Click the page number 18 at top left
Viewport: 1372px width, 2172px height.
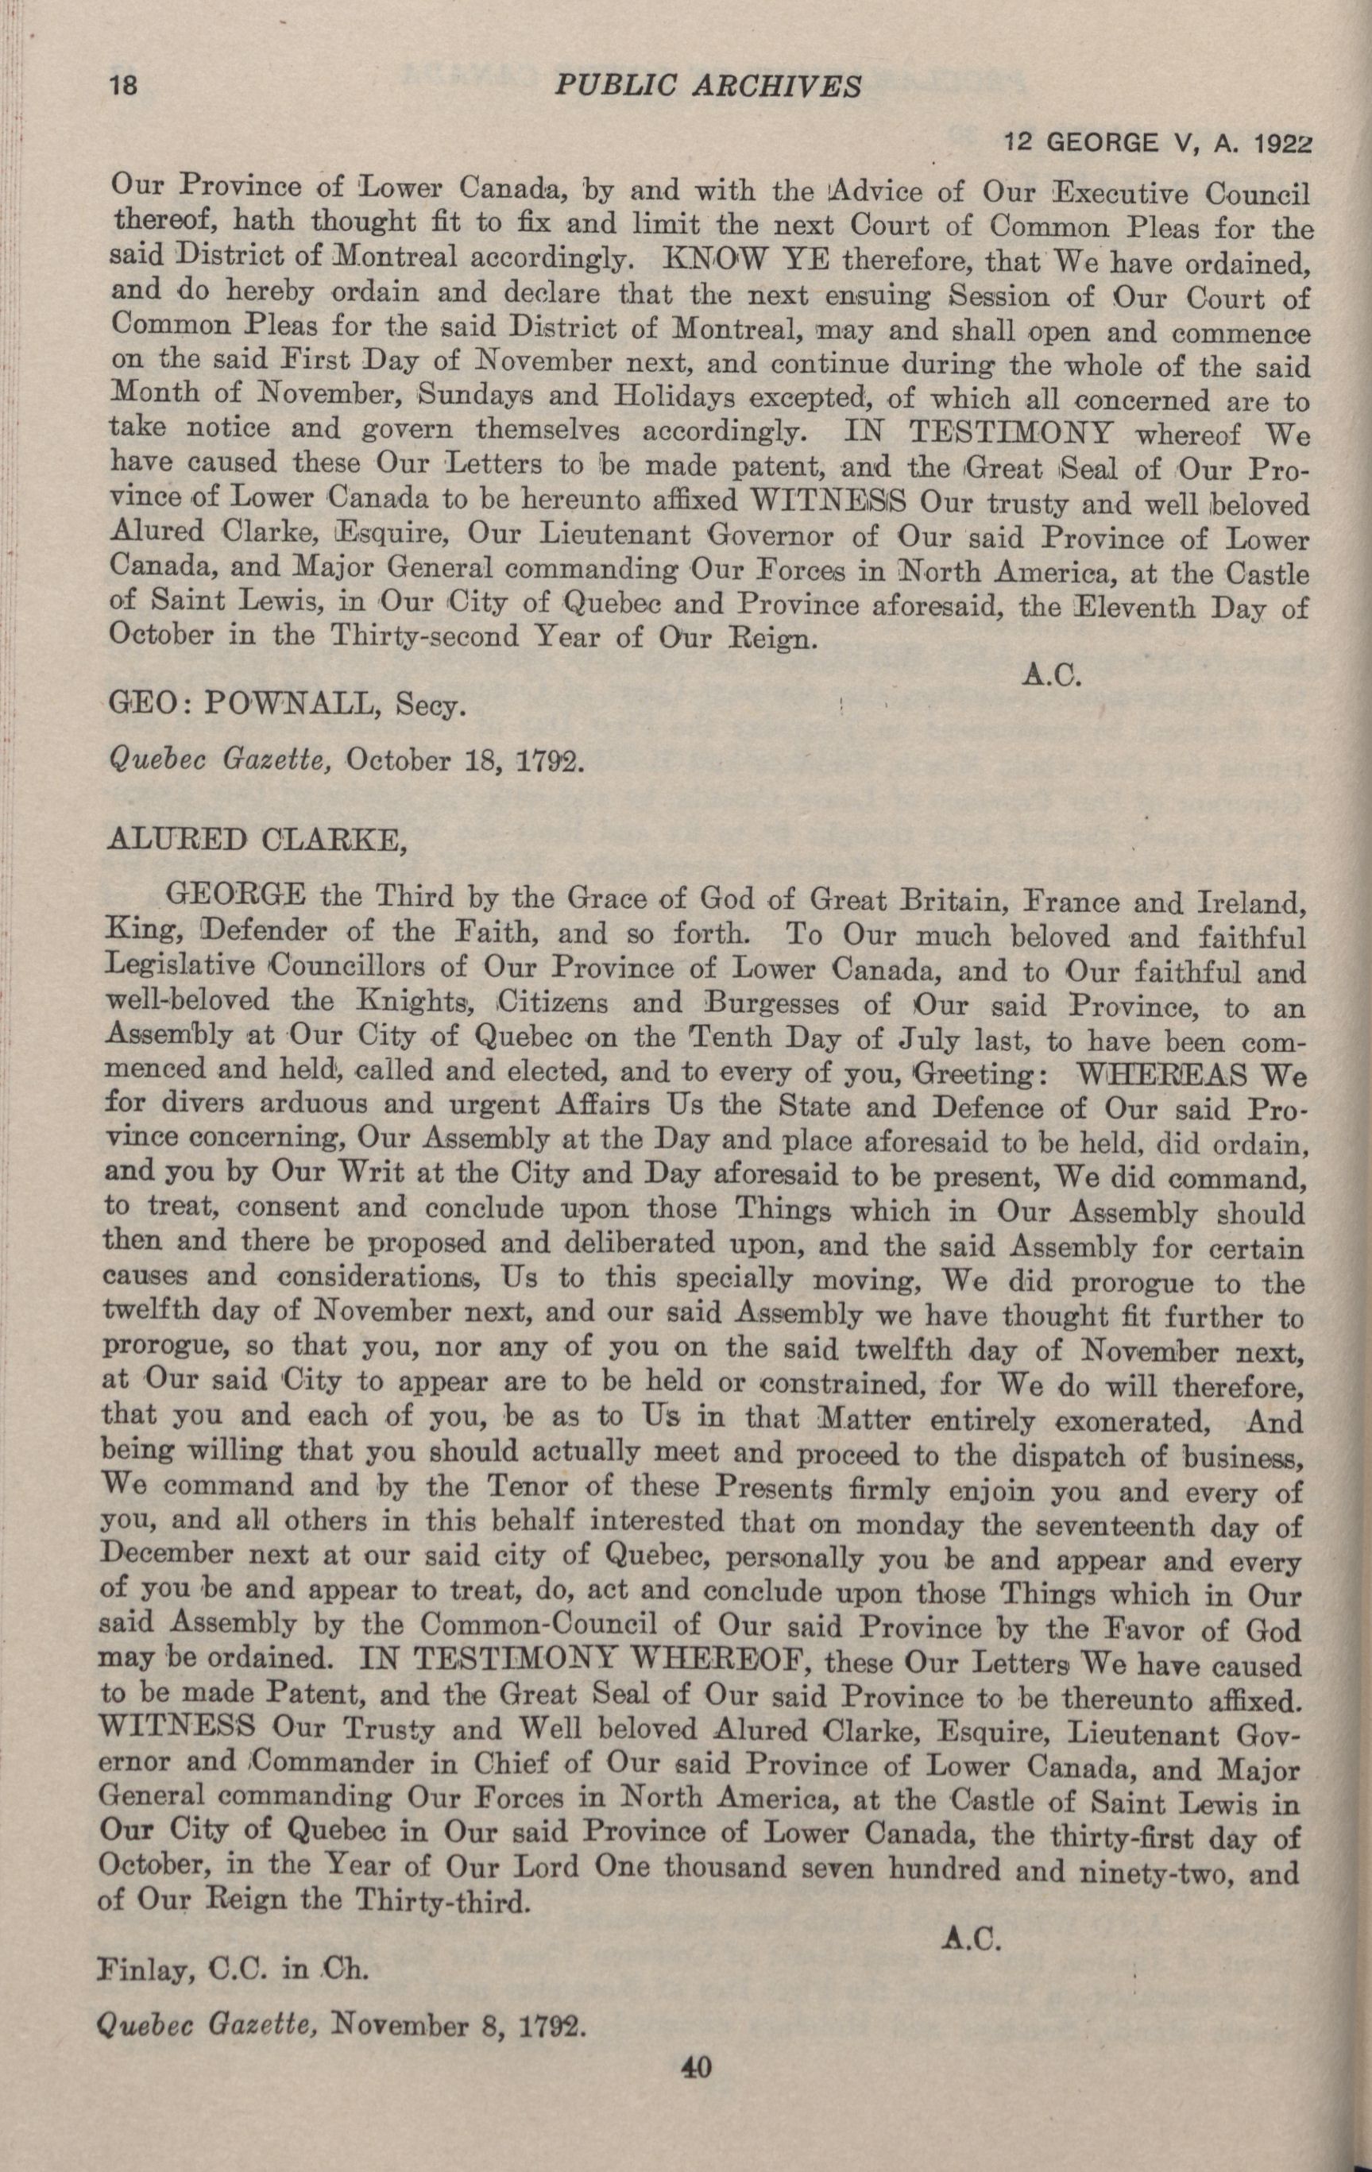[122, 87]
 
